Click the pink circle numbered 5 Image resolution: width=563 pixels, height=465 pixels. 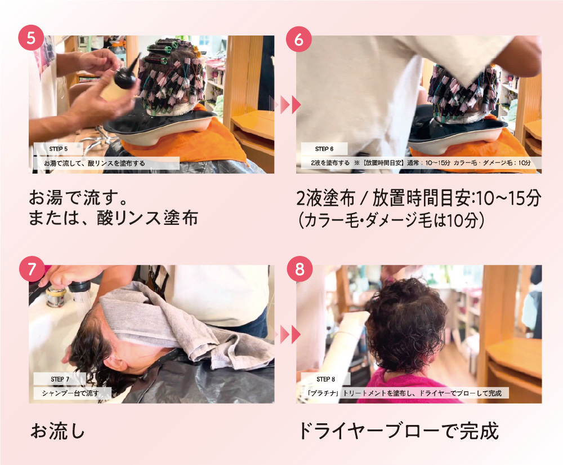[31, 38]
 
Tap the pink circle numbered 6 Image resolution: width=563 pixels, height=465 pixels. [299, 39]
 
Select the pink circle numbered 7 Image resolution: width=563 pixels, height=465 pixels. [32, 269]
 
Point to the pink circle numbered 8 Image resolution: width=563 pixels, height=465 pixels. [300, 269]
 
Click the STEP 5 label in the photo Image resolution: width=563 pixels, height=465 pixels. [58, 149]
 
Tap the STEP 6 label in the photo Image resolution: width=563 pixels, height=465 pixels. [324, 149]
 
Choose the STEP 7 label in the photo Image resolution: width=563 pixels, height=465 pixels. [60, 379]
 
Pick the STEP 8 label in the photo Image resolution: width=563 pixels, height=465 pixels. [325, 379]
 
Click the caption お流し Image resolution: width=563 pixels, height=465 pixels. [58, 431]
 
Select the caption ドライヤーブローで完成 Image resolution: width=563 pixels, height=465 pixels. [399, 431]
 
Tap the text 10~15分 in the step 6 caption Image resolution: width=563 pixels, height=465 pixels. [509, 198]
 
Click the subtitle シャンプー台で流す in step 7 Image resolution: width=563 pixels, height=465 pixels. [70, 393]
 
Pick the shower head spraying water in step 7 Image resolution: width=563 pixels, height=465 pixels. [80, 288]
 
